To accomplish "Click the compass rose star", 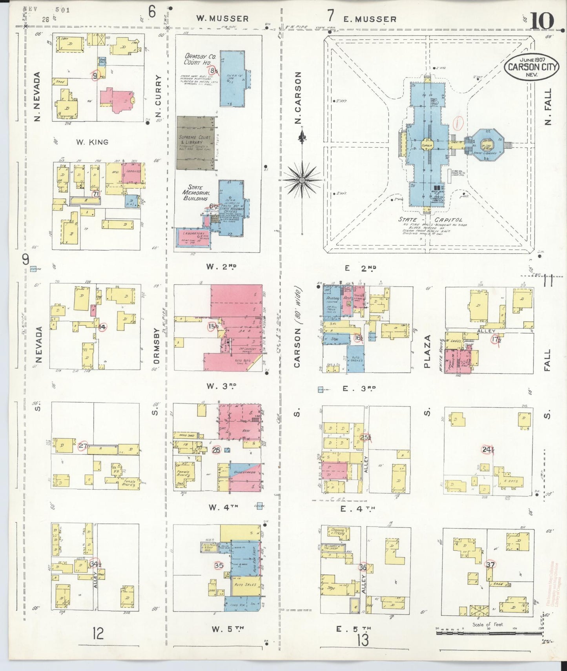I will pos(301,180).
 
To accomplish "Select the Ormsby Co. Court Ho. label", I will pos(198,59).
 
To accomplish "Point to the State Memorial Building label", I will pos(196,193).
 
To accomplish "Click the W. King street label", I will pos(92,142).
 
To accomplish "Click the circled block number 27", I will pos(82,446).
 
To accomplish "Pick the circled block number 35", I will pos(219,565).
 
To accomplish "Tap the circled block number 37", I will pos(490,565).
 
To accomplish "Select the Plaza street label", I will pos(427,351).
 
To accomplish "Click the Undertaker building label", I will pos(244,472).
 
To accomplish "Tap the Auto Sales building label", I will pos(245,584).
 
